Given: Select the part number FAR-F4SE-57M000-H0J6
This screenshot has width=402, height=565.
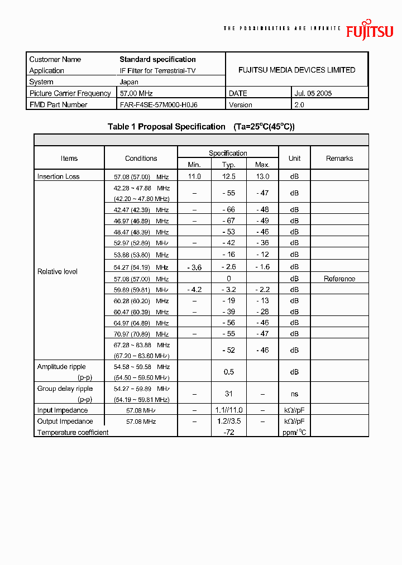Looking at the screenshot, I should pos(159,104).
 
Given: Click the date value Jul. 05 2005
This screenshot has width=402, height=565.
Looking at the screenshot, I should pos(313,93).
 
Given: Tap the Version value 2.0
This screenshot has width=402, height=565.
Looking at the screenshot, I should pos(299,104).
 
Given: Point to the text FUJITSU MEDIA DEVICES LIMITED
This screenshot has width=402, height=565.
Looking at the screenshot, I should pos(296,70).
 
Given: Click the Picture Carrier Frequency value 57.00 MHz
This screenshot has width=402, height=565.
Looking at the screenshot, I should pos(136,93).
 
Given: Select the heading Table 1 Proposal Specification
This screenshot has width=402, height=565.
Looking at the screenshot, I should pos(166,127).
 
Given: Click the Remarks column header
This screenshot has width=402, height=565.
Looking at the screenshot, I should pos(339,158).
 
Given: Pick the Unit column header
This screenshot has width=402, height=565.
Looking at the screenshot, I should pos(294,158).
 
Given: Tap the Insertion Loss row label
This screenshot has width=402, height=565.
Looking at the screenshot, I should pos(59,176).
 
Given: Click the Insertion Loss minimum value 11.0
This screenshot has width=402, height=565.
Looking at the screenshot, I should pos(194,176).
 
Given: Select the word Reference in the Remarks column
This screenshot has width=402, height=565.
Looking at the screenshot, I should pos(339,279).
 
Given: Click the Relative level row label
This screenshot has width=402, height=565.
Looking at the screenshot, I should pos(58,271).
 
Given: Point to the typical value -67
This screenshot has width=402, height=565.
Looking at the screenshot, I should pos(228,221).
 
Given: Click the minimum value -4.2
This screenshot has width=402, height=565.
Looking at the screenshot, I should pos(194,290).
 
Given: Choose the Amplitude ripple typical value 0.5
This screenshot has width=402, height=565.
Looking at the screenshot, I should pos(228,372).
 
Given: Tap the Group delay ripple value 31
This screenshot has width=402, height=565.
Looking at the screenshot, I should pos(228,394).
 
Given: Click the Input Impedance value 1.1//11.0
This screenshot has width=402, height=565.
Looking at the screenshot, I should pos(228,410).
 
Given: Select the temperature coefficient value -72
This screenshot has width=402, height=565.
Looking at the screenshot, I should pos(228,432).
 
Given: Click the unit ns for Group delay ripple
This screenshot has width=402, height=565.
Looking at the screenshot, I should pos(294,394).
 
